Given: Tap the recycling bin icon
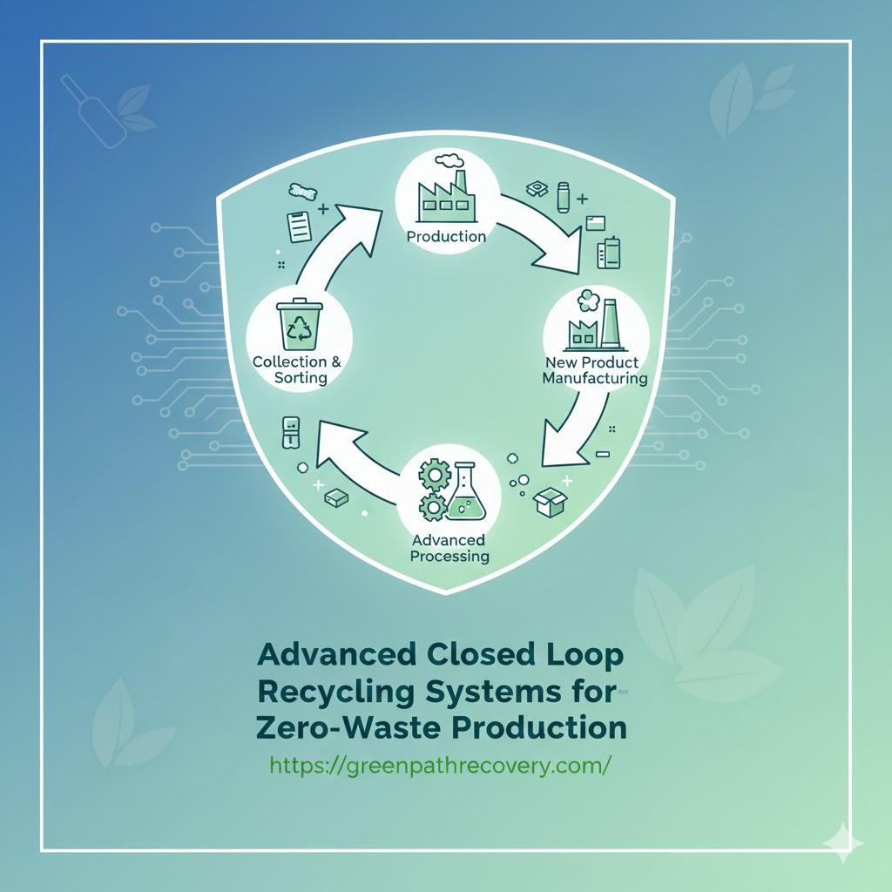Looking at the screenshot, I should tap(299, 325).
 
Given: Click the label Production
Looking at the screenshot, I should tap(447, 236).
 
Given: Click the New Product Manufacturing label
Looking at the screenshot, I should tap(594, 370).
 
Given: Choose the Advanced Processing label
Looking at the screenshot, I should tap(448, 548).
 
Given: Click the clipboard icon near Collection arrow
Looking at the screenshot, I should tap(300, 226).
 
